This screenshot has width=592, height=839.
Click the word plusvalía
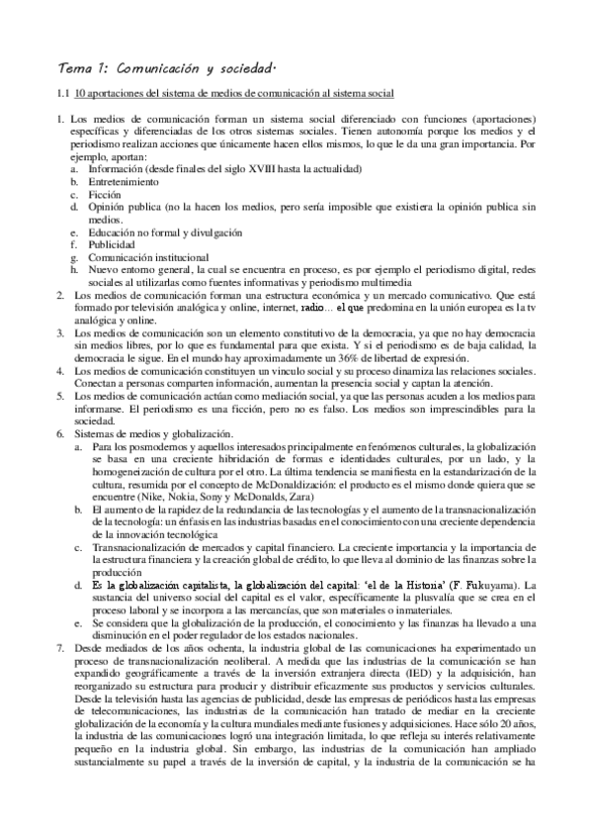401,600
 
